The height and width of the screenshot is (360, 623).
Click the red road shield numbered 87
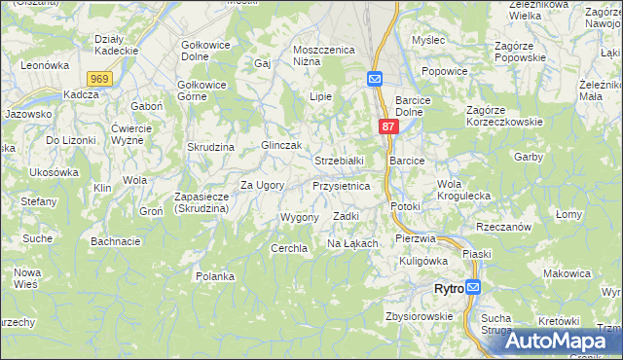coord(387,126)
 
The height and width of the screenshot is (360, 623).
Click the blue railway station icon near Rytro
coord(473,288)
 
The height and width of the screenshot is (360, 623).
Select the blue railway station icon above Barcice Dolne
coord(376,79)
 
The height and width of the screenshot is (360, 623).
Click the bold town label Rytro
coord(448,289)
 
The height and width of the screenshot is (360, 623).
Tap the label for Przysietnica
coord(341,185)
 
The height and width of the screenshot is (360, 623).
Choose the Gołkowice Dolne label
coord(203,51)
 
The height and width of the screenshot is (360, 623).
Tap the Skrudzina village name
coord(212,146)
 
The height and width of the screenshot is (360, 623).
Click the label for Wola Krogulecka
coord(463,190)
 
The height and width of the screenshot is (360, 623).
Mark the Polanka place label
coord(214,276)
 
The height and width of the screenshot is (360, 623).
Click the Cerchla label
coord(289,248)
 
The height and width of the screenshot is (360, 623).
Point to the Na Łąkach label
coord(351,242)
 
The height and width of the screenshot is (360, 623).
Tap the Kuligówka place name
coord(422,260)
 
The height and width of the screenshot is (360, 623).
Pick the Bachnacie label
coord(115,240)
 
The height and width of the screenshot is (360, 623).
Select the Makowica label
coord(568,273)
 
